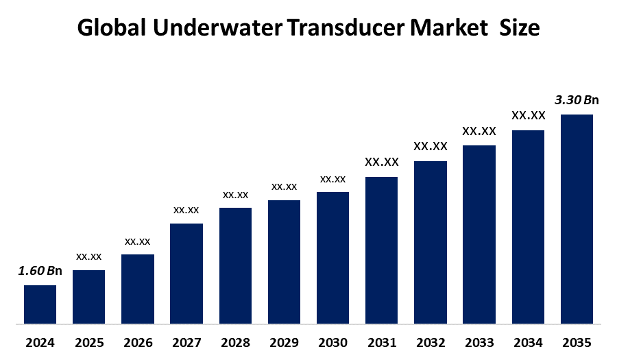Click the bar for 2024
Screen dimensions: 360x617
40,304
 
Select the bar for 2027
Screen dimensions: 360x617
186,273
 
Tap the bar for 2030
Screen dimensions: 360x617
332,257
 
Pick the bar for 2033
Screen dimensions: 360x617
479,234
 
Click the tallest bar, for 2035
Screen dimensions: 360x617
577,218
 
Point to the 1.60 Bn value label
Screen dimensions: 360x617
40,271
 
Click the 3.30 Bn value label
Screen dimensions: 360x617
577,100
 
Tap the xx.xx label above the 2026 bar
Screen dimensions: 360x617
137,241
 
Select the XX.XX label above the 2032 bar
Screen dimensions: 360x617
430,146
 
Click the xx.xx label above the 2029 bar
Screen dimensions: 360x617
284,187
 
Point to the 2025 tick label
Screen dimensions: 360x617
88,342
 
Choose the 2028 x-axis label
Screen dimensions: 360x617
235,342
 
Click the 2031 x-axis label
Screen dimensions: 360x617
381,342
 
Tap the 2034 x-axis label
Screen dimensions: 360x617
528,342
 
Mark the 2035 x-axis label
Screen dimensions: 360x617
577,342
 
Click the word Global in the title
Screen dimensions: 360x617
111,28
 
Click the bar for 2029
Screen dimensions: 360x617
284,261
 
